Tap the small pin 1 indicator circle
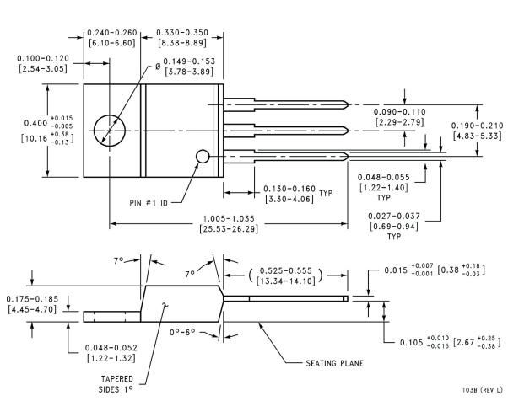point(203,157)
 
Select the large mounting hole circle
point(111,131)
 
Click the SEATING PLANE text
point(330,364)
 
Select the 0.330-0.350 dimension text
point(188,33)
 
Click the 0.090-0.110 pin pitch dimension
point(401,113)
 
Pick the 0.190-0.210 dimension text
point(477,123)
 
